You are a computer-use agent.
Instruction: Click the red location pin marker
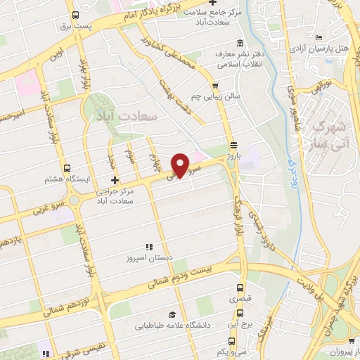[x=181, y=165]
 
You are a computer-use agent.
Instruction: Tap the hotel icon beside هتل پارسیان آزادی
[x=319, y=38]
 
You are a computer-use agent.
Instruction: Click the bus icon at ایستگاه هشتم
[x=67, y=169]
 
